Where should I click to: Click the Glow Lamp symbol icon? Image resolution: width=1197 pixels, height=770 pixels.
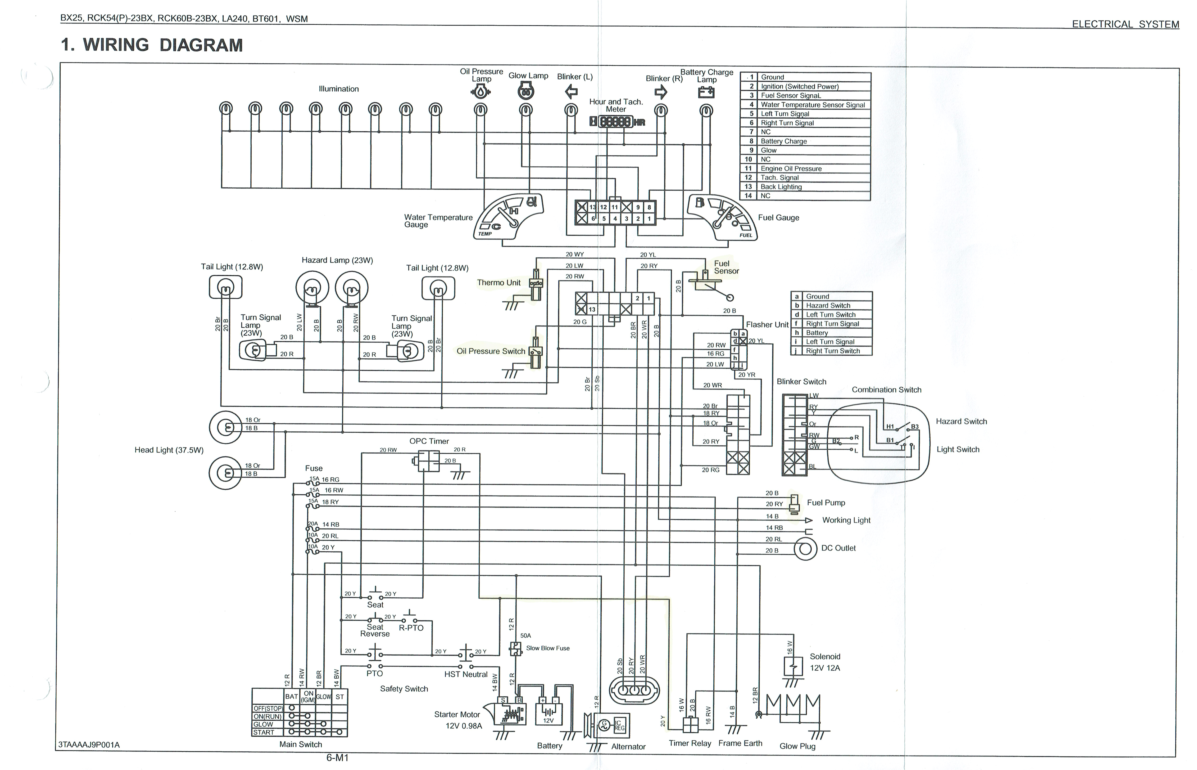click(x=526, y=91)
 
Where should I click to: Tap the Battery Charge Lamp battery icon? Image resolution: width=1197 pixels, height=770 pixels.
click(x=706, y=93)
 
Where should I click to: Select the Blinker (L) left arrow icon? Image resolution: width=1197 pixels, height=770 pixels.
click(x=571, y=91)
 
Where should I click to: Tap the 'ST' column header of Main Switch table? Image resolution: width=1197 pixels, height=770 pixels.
click(x=340, y=697)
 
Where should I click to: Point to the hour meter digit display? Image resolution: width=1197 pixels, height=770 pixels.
click(x=615, y=121)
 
